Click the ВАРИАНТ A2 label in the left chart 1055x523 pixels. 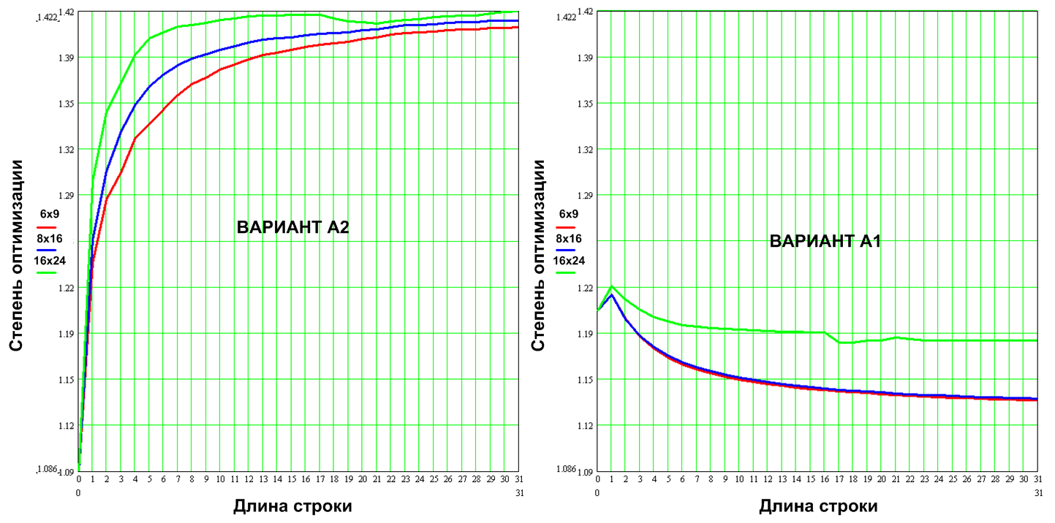tap(292, 227)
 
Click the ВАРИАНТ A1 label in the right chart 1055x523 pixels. tap(825, 241)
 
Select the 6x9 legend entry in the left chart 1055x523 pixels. tap(49, 214)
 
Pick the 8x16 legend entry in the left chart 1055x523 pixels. tap(49, 237)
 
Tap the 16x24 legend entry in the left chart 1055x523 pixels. tap(49, 260)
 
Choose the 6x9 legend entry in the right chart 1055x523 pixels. tap(569, 214)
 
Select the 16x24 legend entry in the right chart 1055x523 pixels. tap(569, 260)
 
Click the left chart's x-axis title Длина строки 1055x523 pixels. tap(292, 505)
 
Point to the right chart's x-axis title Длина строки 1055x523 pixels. tap(818, 505)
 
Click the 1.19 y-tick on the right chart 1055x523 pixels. tap(585, 334)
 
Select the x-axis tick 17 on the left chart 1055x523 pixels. tap(320, 479)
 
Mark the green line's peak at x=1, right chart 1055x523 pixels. tap(612, 286)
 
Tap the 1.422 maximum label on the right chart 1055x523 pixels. tap(565, 16)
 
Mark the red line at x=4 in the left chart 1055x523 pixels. tap(135, 138)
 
